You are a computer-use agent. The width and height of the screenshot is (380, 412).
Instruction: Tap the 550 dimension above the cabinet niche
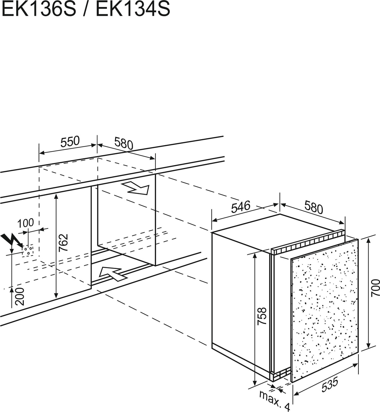click(70, 142)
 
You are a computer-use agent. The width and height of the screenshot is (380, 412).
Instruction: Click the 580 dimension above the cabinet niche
click(123, 143)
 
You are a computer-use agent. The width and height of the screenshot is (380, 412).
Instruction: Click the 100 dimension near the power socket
click(26, 223)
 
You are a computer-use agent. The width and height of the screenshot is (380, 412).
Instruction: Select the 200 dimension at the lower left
click(20, 297)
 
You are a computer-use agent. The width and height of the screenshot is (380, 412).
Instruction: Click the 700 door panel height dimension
click(375, 288)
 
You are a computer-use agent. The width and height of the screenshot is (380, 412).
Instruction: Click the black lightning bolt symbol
click(12, 240)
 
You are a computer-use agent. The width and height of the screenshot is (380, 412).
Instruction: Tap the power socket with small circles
click(28, 250)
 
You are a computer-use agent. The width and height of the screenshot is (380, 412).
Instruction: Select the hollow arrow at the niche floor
click(113, 274)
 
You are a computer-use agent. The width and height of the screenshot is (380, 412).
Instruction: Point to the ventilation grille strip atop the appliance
click(308, 242)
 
